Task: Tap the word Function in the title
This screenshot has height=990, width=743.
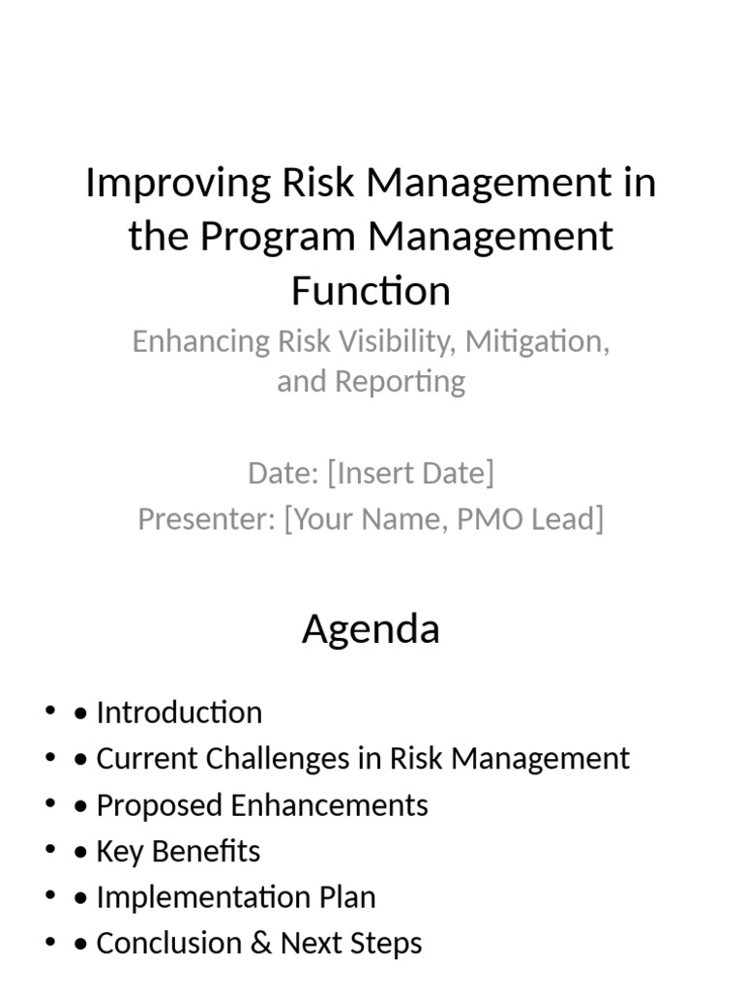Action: click(x=371, y=290)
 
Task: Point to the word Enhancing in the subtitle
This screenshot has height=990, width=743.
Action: click(x=199, y=341)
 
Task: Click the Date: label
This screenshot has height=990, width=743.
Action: click(x=283, y=473)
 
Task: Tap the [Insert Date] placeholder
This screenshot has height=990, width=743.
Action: click(x=410, y=473)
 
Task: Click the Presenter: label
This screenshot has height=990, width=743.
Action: click(x=207, y=519)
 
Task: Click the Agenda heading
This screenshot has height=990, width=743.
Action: click(x=371, y=629)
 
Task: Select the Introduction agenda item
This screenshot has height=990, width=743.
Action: click(x=179, y=713)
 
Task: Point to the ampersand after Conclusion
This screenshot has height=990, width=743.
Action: click(x=260, y=943)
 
